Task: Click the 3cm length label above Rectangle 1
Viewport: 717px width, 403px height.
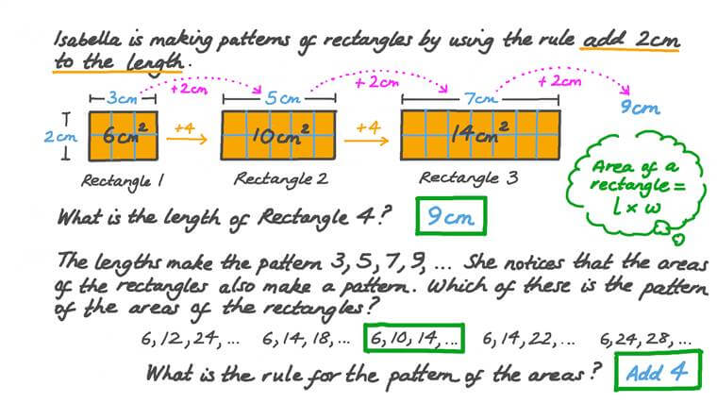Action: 122,98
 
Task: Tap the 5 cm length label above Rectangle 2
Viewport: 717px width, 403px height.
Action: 283,98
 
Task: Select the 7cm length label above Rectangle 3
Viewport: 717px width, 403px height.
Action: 480,98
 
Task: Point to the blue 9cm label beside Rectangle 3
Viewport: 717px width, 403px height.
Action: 641,108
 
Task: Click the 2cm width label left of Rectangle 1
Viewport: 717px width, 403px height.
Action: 60,136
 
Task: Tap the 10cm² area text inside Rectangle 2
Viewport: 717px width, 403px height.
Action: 279,134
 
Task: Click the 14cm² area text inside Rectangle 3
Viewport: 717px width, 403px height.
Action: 479,133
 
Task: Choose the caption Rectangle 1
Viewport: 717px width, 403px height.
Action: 122,181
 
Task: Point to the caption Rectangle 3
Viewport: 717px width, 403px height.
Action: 469,178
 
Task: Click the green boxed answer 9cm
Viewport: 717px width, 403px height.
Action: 451,216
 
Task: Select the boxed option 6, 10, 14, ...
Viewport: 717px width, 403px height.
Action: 414,339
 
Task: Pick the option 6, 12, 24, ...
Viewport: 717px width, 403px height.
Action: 190,339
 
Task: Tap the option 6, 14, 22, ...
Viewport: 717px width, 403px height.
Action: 529,340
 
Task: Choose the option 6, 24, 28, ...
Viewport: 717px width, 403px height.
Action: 645,340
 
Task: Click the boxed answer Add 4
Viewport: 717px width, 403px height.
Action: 658,371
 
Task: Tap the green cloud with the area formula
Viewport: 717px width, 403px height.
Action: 636,185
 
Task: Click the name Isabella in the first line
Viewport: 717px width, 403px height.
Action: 88,40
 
